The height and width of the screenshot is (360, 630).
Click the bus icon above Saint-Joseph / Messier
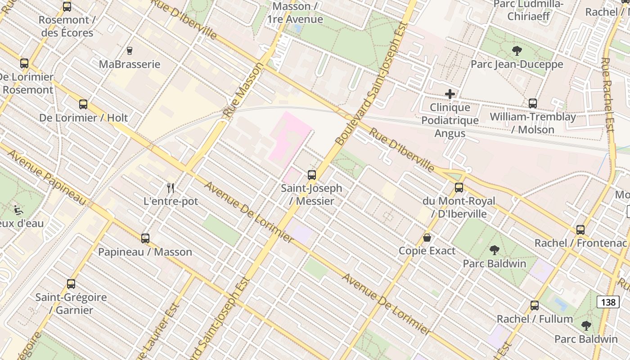point(312,175)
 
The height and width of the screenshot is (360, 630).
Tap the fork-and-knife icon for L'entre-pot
point(170,188)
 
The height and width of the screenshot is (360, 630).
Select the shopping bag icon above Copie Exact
point(427,237)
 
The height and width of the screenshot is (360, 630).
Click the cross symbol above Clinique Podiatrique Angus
point(450,94)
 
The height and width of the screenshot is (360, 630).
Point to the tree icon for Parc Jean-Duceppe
point(517,50)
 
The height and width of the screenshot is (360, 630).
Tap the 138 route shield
point(608,302)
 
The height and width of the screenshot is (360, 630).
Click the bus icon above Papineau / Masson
point(145,238)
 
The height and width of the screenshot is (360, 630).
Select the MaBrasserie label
point(130,64)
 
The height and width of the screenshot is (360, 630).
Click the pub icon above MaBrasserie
point(130,50)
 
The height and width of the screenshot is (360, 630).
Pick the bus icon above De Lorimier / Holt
point(83,104)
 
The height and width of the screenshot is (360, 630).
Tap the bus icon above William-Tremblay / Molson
point(533,103)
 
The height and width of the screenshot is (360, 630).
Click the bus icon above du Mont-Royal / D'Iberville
point(459,188)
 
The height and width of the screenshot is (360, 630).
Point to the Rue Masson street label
point(243,90)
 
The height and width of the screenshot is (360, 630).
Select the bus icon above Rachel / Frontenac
point(580,230)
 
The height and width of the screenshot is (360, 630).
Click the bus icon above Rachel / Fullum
point(535,306)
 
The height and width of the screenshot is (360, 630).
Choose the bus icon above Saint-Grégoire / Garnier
point(71,284)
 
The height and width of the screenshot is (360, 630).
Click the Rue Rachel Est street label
point(607,94)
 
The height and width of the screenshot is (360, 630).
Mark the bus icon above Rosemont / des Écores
point(67,7)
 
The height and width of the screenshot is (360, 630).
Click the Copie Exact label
point(427,251)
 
